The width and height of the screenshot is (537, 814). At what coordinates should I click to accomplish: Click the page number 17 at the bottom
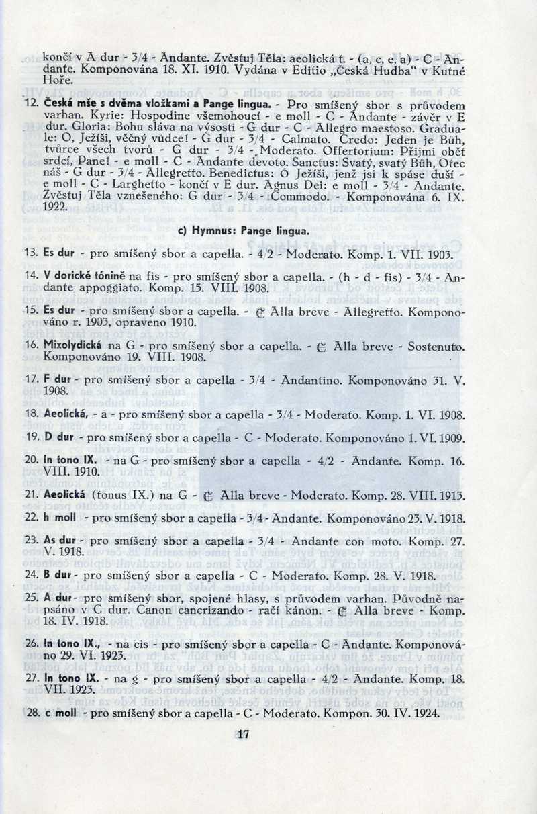[x=243, y=734]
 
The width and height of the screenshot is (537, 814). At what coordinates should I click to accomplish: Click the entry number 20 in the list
[x=30, y=460]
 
